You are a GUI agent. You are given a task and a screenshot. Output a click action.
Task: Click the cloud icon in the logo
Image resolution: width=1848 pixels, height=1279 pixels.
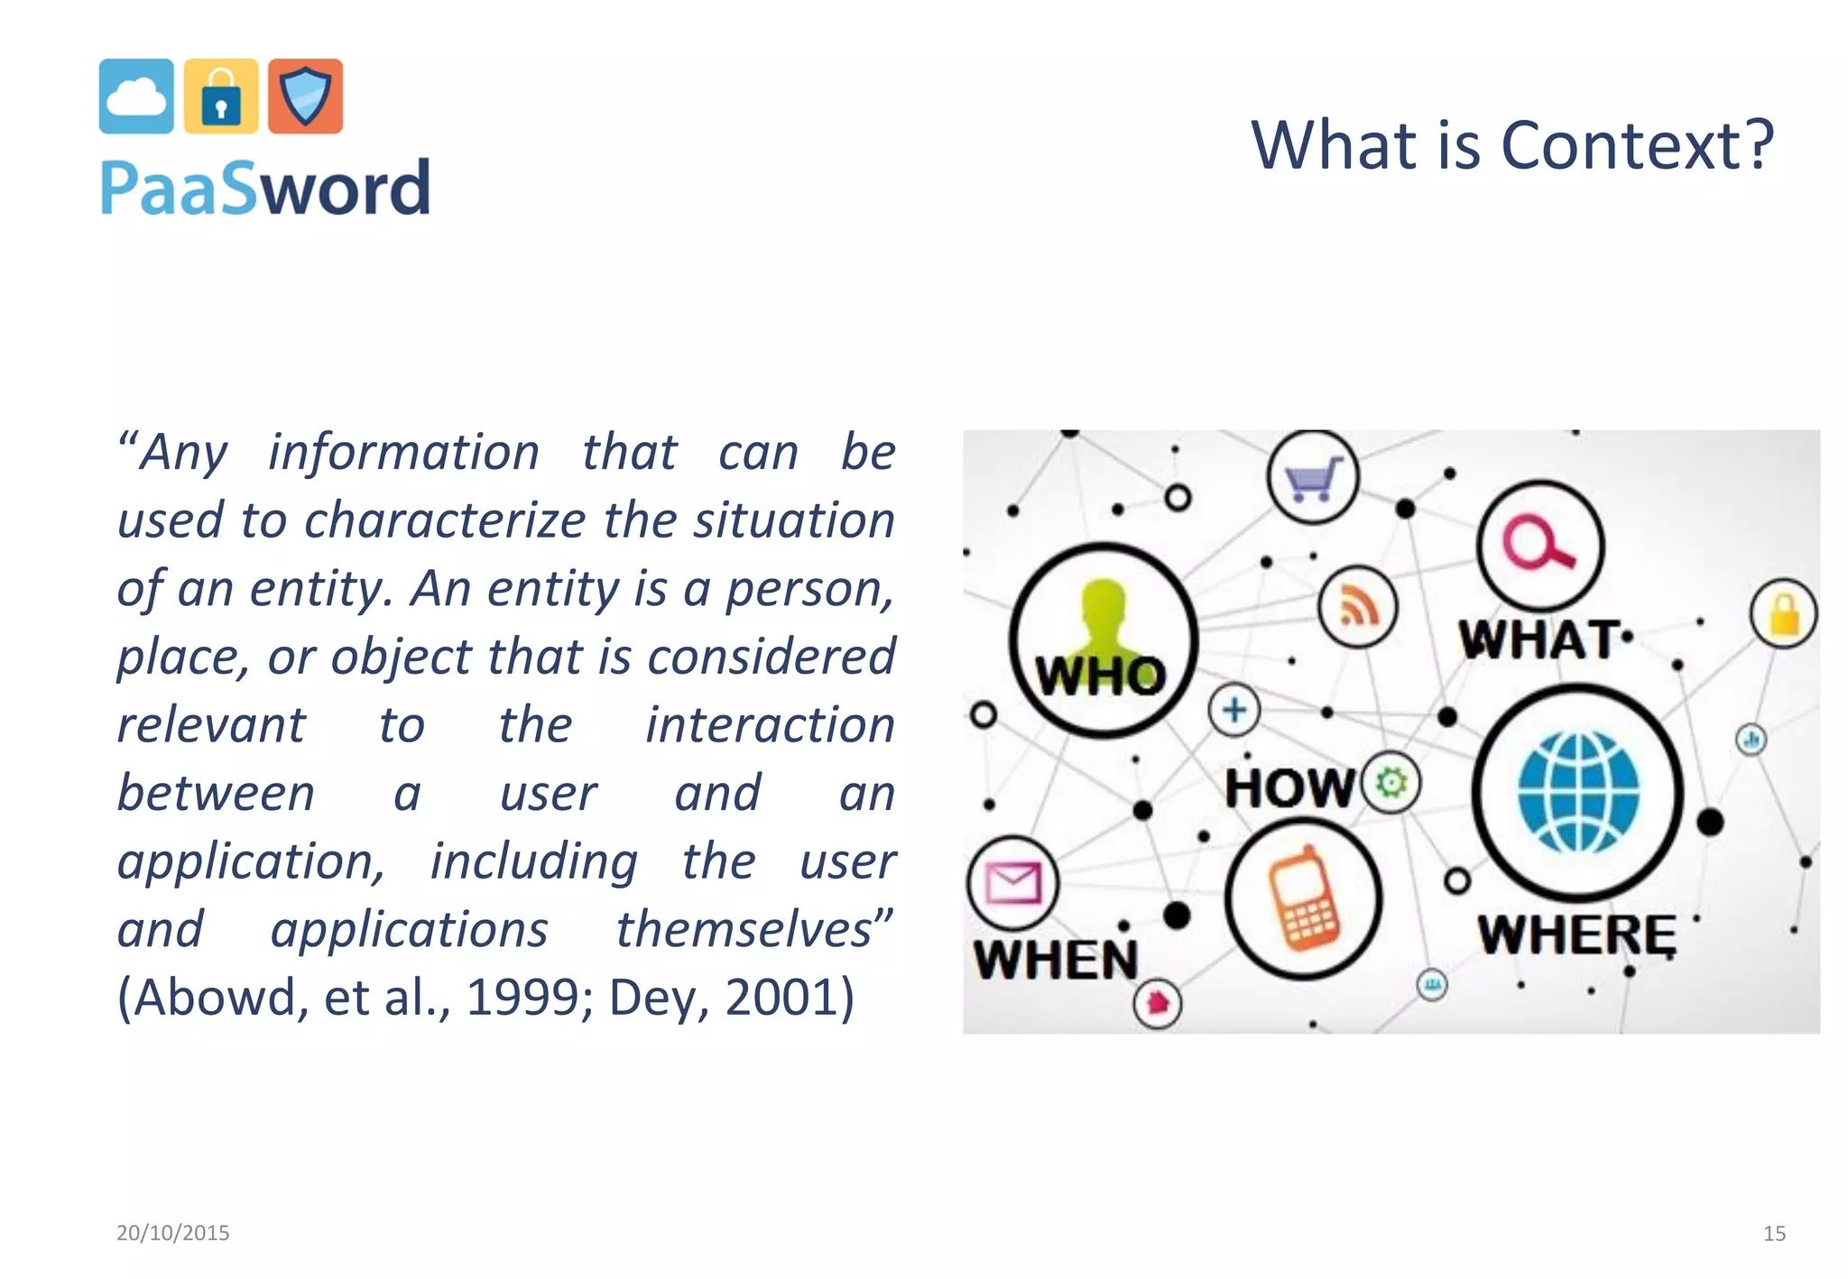pos(136,97)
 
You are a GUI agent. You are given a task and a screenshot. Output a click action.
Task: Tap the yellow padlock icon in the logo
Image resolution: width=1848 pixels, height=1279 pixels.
pos(221,97)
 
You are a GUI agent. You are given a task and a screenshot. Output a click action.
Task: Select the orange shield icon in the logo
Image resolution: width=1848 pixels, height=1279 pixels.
pos(306,97)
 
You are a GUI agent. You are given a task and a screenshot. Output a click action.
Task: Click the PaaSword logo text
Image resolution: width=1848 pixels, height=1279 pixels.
pos(265,189)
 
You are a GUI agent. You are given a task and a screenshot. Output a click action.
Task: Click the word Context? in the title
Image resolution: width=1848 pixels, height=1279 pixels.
pos(1637,145)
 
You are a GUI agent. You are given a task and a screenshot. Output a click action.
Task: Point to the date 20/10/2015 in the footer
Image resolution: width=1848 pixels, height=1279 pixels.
pos(173,1232)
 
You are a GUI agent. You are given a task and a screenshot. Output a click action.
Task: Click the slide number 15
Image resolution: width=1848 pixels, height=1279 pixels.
pos(1774,1233)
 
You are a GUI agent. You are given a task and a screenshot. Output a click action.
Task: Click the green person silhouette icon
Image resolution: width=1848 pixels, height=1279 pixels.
pos(1104,622)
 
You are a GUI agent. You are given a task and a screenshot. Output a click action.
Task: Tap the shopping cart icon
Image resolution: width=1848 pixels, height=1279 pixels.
pos(1313,477)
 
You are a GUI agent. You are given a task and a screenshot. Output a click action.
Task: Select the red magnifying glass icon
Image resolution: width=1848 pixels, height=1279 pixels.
pos(1539,544)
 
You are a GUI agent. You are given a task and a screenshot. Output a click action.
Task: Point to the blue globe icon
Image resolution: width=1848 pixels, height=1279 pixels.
pos(1578,793)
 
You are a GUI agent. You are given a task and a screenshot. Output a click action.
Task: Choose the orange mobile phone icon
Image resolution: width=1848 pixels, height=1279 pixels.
pos(1304,898)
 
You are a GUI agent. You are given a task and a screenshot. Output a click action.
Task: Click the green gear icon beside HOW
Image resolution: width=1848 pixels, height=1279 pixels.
pos(1391,782)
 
